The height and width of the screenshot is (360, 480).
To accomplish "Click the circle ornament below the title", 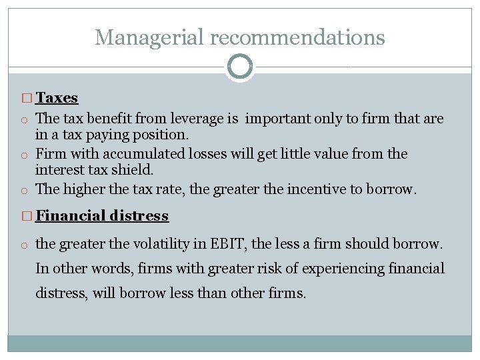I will (x=240, y=67).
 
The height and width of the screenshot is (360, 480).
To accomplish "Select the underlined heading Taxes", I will (x=57, y=98).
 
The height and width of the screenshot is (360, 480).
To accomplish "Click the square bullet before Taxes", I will (x=27, y=99).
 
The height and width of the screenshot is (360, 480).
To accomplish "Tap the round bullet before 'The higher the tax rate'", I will (x=23, y=190).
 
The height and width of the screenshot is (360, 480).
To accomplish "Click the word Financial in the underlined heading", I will (x=69, y=216).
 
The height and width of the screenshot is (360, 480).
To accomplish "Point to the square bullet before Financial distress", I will (x=27, y=217).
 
